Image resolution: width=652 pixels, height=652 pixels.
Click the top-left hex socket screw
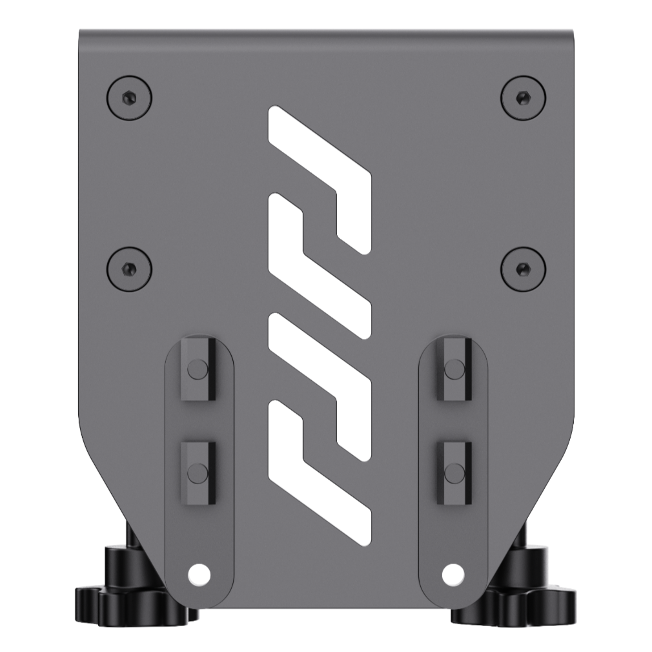(129, 98)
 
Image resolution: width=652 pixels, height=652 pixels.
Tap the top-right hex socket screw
(523, 98)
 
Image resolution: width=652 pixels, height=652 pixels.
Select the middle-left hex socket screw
(129, 268)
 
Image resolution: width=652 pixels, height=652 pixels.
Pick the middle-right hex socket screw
(523, 268)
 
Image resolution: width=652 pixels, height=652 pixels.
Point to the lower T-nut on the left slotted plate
(198, 473)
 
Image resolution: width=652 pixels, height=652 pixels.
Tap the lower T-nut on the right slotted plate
(454, 473)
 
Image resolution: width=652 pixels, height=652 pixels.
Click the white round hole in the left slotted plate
(198, 573)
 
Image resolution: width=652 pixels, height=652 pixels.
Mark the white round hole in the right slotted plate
(453, 572)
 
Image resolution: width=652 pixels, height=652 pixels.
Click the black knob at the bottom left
(129, 594)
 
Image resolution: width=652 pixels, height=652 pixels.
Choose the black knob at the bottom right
(523, 594)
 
